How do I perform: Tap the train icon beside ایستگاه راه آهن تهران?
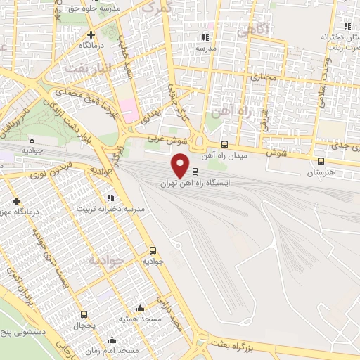click(195, 171)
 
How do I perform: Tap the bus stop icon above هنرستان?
click(321, 161)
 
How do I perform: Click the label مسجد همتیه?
click(138, 319)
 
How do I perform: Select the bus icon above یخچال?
click(84, 314)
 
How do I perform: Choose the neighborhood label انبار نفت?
click(87, 69)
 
